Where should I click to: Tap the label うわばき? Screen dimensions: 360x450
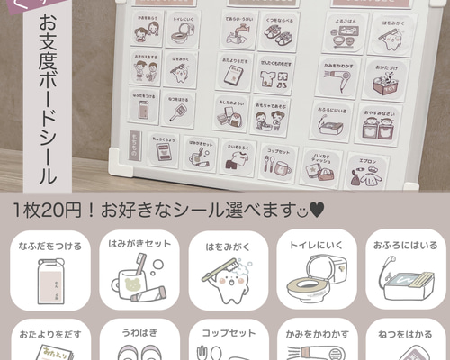coord(136,330)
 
